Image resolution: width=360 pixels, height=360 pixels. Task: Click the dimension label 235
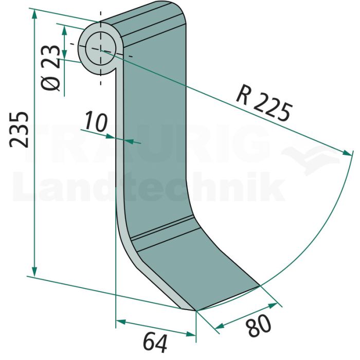coord(19,130)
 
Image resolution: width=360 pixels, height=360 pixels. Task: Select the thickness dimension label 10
coord(96,122)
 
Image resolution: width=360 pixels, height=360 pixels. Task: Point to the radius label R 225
coord(264,103)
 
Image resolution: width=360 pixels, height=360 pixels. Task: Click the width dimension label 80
coord(259,326)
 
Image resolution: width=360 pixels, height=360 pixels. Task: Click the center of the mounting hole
coord(100,50)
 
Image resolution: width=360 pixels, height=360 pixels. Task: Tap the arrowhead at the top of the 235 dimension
coord(34,14)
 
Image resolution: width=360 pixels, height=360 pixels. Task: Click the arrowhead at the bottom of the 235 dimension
coord(34,272)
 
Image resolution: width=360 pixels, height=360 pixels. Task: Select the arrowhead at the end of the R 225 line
coord(347,152)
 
